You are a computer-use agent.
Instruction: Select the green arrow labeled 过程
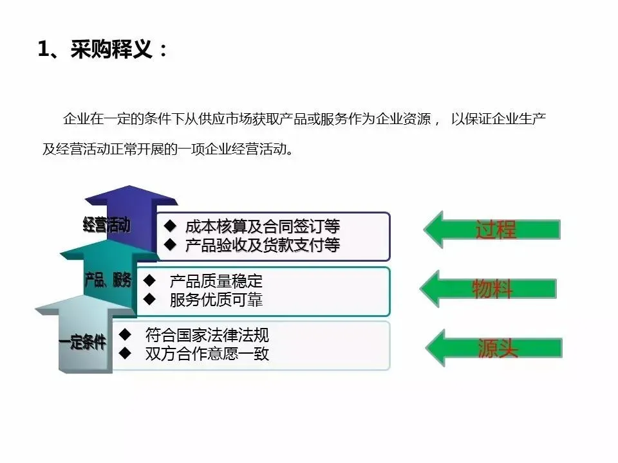(x=492, y=229)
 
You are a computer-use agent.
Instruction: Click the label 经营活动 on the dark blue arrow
(x=106, y=224)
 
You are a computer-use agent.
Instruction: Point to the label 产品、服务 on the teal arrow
(x=108, y=280)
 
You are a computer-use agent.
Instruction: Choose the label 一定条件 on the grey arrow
(x=82, y=342)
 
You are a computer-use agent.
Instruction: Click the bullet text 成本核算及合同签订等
(x=262, y=226)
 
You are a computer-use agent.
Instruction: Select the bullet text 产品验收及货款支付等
(x=262, y=245)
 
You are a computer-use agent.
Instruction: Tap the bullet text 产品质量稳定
(x=216, y=281)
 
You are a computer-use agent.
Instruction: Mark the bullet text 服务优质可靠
(x=216, y=300)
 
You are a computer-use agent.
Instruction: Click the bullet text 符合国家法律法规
(x=207, y=335)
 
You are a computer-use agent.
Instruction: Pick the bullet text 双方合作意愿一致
(x=207, y=353)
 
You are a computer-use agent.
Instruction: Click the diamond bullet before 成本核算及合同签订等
(x=170, y=226)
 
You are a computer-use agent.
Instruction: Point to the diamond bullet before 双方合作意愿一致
(x=126, y=352)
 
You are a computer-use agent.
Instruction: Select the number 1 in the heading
(x=44, y=50)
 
